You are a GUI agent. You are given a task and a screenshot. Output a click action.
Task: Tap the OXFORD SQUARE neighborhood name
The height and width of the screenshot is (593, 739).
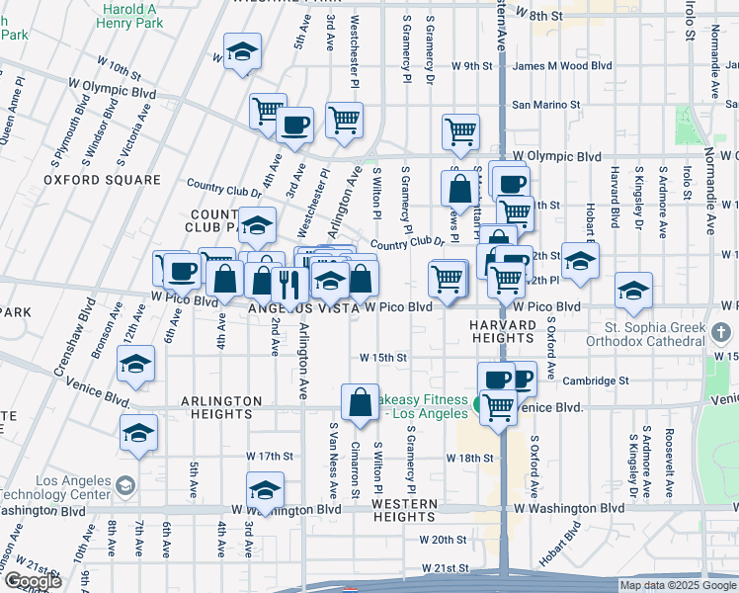[102, 180]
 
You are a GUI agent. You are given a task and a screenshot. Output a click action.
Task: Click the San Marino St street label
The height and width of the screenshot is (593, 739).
[542, 105]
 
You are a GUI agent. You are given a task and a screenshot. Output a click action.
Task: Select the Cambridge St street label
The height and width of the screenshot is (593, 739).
[596, 381]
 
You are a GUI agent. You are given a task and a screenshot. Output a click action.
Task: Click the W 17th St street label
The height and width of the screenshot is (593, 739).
[270, 458]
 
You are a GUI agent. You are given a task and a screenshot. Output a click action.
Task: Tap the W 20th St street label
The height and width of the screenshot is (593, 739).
[442, 540]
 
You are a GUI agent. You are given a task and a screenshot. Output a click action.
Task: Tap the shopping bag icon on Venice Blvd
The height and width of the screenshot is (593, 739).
[359, 402]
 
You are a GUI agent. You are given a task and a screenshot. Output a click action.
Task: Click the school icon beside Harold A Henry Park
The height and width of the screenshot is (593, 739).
[240, 52]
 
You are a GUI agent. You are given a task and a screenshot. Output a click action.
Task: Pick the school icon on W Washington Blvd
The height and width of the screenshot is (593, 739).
[265, 490]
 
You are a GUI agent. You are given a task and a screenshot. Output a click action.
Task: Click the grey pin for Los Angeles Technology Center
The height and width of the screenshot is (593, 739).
[124, 485]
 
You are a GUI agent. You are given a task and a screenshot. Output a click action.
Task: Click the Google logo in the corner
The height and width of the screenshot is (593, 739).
[32, 581]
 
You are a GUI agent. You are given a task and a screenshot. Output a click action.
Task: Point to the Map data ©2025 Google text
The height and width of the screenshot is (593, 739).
[677, 585]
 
